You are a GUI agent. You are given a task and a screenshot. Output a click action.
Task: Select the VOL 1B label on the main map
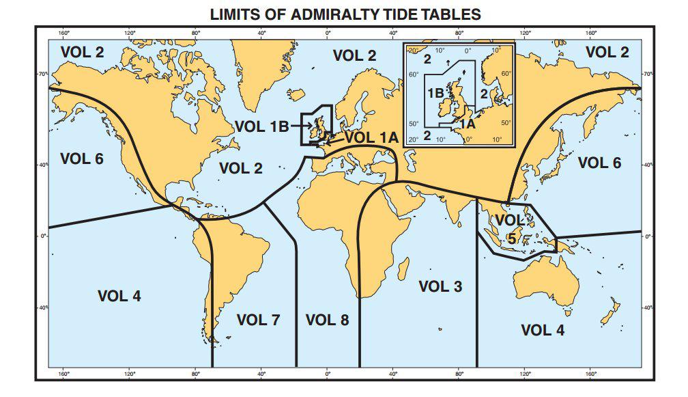[x=263, y=125]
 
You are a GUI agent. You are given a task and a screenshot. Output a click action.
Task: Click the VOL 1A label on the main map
[x=371, y=137]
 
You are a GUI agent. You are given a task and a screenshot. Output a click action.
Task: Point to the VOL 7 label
[x=258, y=319]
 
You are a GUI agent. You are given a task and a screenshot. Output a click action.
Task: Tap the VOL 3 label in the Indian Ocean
[x=440, y=286]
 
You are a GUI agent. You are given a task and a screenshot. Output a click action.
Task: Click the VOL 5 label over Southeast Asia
[x=511, y=229]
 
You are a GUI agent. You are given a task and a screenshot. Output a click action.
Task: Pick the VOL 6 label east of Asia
[x=599, y=162]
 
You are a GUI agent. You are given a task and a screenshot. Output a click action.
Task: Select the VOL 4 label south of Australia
[x=543, y=330]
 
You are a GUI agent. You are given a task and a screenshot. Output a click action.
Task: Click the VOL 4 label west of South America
[x=119, y=296]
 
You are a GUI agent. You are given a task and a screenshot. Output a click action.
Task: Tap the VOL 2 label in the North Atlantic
[x=241, y=167]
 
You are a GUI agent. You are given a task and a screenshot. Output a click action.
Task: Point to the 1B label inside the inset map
[x=435, y=92]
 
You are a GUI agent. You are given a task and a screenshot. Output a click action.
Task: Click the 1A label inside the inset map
[x=466, y=124]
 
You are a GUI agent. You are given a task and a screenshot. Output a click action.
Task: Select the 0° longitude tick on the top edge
[x=328, y=32]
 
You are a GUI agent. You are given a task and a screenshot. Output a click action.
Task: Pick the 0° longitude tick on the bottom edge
[x=328, y=374]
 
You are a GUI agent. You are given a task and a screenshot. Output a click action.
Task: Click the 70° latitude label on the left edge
[x=42, y=73]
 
